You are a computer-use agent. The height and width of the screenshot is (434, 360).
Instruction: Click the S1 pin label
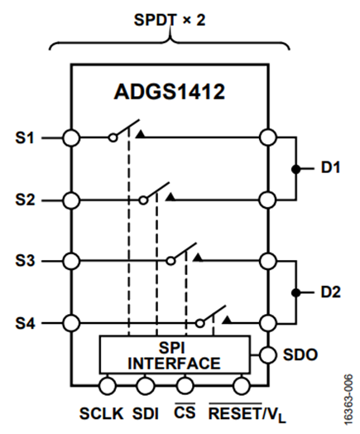[x=24, y=137]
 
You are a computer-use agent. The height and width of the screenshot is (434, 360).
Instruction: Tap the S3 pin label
[x=25, y=260]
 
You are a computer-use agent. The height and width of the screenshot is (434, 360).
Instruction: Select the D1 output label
[x=330, y=167]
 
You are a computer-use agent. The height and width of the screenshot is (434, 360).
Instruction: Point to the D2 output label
[x=331, y=292]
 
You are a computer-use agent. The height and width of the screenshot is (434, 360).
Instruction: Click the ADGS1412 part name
[x=170, y=92]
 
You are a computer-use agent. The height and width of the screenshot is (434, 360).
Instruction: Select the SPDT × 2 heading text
[x=170, y=20]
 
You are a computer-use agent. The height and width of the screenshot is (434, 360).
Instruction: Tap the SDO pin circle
[x=268, y=354]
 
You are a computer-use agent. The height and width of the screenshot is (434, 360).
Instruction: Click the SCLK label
[x=102, y=413]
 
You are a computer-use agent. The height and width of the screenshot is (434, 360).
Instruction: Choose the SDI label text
[x=146, y=413]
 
